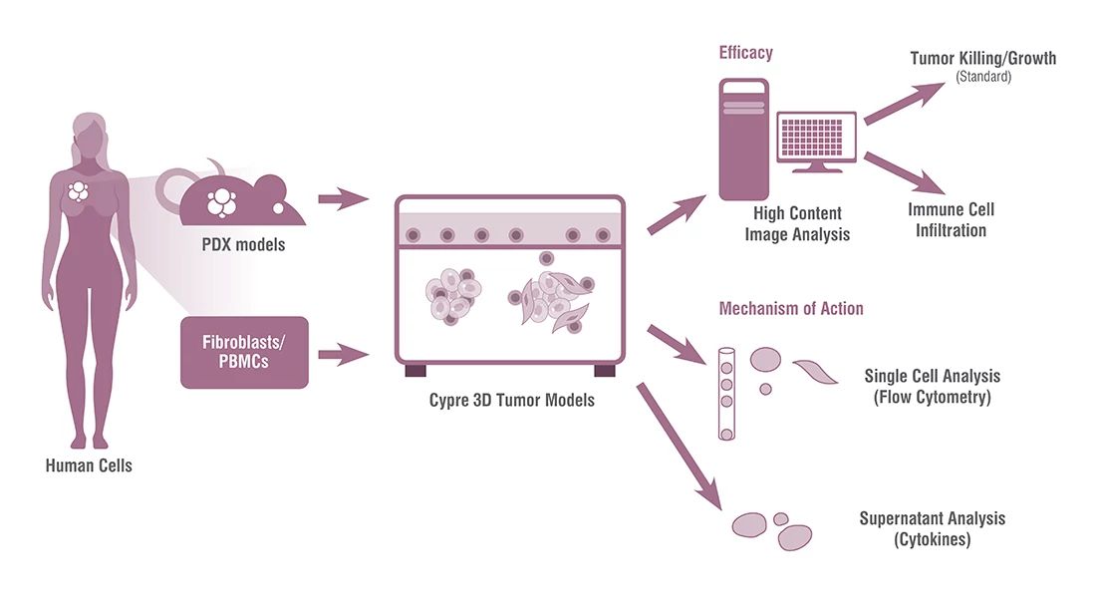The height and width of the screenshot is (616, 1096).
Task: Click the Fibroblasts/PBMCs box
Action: pos(244,352)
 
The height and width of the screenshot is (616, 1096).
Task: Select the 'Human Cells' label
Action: pos(89,465)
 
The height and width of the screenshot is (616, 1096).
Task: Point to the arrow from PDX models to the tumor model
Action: pos(349,197)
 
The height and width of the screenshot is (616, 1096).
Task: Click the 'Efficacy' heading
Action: pos(745,53)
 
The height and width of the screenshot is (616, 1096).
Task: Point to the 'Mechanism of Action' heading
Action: pos(791,308)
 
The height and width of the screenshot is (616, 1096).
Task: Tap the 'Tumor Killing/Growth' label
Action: pos(982,59)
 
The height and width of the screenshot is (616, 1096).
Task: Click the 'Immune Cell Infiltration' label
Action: pos(951,220)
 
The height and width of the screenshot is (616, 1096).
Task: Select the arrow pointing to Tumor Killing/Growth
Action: pos(904,103)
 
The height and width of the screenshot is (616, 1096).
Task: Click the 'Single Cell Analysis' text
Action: pos(933,377)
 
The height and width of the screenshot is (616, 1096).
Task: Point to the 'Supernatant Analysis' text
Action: pos(933,519)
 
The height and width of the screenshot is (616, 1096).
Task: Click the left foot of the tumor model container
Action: pos(415,371)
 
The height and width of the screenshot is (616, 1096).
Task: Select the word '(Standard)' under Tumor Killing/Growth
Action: pos(983,77)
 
